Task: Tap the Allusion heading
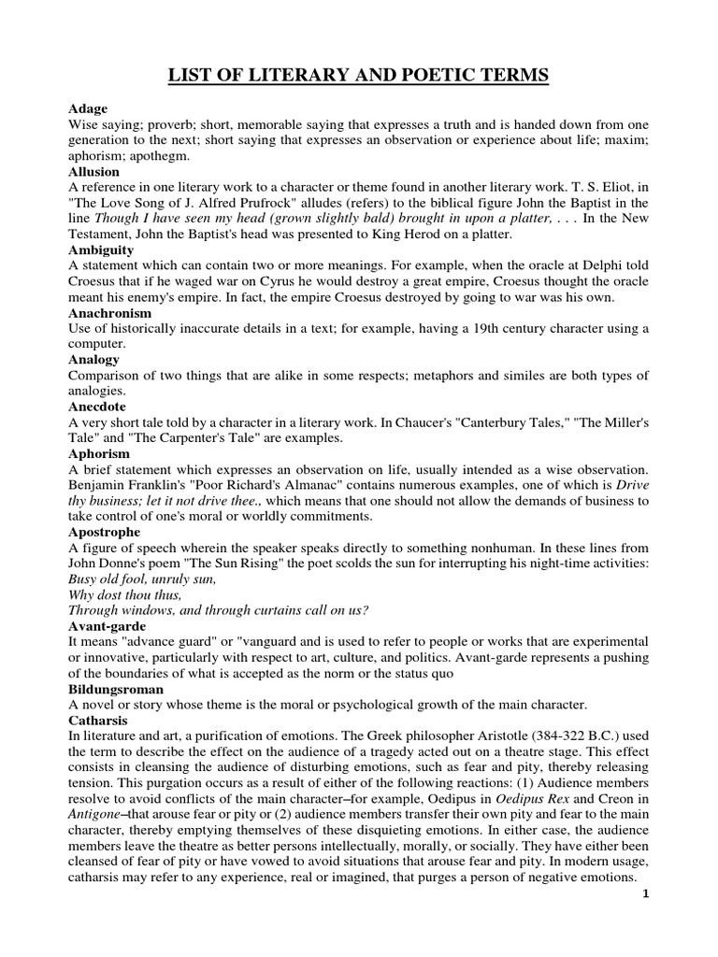pos(94,172)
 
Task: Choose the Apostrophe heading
pos(103,532)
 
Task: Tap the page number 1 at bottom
pos(644,921)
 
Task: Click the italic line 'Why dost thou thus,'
pos(119,595)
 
